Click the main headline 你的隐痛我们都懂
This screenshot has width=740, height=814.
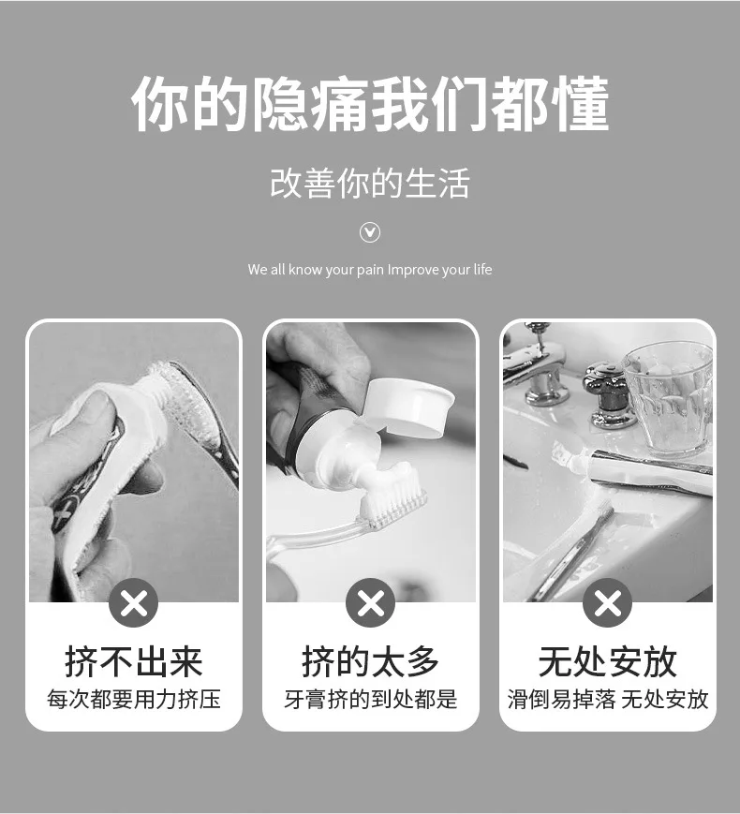[370, 104]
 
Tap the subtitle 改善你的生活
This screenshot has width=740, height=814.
[370, 183]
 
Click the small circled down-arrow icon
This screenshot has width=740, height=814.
[370, 232]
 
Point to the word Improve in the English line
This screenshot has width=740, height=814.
[413, 270]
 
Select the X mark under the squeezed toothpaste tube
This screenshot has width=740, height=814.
[133, 602]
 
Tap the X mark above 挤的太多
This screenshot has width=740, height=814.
[370, 602]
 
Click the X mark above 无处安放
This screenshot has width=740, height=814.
[608, 602]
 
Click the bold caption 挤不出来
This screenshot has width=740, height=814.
[133, 662]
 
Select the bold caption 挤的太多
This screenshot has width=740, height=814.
[370, 662]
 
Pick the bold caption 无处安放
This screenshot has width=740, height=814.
[608, 662]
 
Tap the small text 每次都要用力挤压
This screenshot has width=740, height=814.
[134, 700]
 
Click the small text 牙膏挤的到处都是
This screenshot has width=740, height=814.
[371, 700]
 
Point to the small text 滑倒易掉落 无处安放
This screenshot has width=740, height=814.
[608, 700]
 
